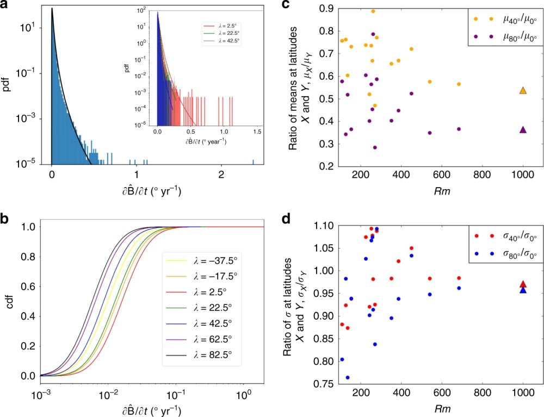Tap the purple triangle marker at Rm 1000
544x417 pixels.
(523, 130)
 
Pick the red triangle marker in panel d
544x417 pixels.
(523, 284)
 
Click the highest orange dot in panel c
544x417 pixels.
(373, 11)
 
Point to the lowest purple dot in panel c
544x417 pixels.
(375, 147)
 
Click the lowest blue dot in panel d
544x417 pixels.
(347, 377)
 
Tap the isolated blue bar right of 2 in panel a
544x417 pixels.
(254, 161)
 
